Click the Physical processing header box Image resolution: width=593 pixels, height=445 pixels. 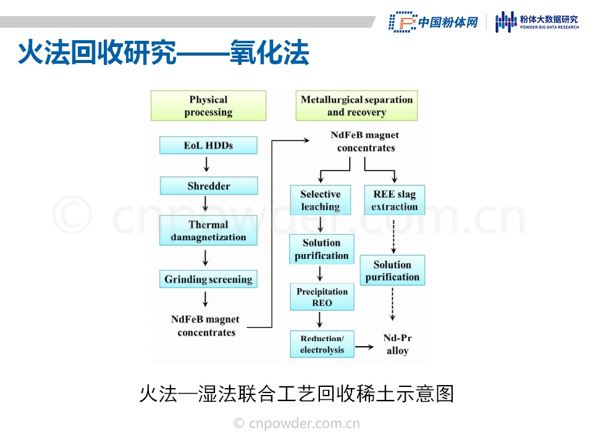coord(208,106)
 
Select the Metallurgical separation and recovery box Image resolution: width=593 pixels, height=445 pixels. coord(356,106)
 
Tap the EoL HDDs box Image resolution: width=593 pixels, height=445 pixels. coord(208,146)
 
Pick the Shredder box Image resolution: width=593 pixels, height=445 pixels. coord(208,186)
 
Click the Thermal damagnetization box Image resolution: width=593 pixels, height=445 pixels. coord(208,231)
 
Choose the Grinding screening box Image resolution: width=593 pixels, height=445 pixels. coord(208,279)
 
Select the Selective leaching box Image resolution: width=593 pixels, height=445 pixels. coord(321,200)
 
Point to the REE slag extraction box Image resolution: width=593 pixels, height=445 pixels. coord(395,200)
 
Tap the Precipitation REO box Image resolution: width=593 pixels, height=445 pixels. coord(322,297)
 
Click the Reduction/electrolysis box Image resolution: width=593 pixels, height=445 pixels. coord(322,344)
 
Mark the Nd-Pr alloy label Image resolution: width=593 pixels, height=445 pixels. coord(397,344)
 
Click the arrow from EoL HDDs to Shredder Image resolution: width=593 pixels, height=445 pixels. coord(206,164)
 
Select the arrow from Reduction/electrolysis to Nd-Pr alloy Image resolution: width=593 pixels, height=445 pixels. coord(364,347)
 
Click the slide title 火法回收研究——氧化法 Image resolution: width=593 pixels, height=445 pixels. coord(163,54)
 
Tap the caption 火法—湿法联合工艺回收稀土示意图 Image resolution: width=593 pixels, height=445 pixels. coord(296,394)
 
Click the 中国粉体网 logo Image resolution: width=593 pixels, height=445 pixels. coord(434,22)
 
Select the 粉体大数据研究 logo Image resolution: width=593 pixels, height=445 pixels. coord(537,22)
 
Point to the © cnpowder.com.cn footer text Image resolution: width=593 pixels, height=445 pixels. coord(296,423)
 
